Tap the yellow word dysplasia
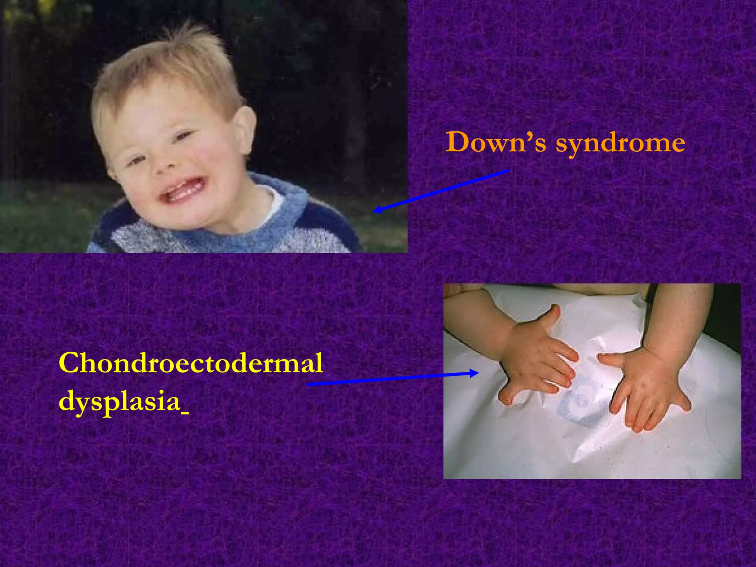pos(119,402)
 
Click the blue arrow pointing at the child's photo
pos(441,190)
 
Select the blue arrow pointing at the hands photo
pos(391,379)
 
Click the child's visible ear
pos(244,127)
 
